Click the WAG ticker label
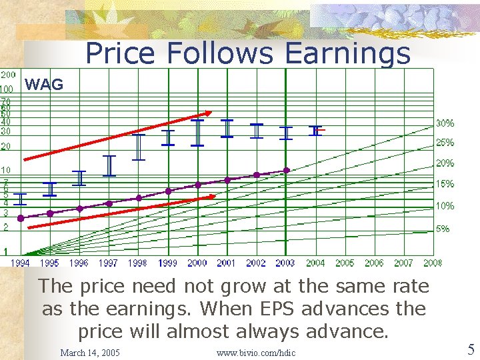(44, 85)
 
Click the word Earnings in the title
(347, 53)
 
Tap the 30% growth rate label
(445, 123)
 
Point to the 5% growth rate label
(443, 229)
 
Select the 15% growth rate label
(445, 183)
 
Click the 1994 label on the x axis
(20, 263)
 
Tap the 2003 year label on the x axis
(286, 263)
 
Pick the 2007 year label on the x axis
(403, 263)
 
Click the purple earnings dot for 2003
(287, 170)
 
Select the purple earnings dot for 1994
(20, 218)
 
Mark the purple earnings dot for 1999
(168, 191)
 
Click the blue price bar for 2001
(227, 128)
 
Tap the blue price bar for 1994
(20, 199)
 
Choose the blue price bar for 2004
(315, 130)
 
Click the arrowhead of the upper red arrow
(208, 113)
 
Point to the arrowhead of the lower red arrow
(212, 197)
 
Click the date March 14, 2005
(90, 352)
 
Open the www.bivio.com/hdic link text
(256, 352)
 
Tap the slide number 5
(471, 349)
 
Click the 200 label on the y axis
(8, 75)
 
